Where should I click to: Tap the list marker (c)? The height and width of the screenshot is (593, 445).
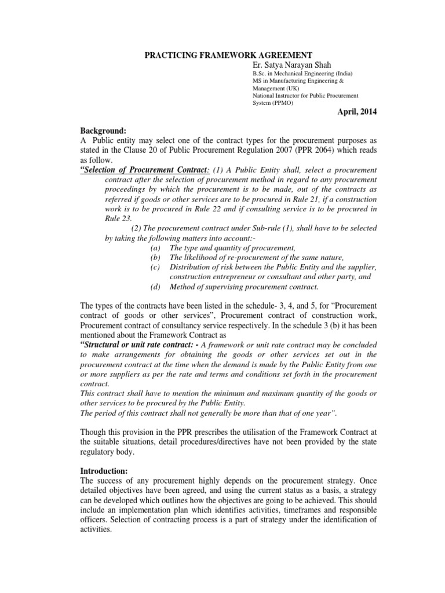[154, 267]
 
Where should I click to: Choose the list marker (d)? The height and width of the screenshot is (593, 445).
[154, 287]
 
